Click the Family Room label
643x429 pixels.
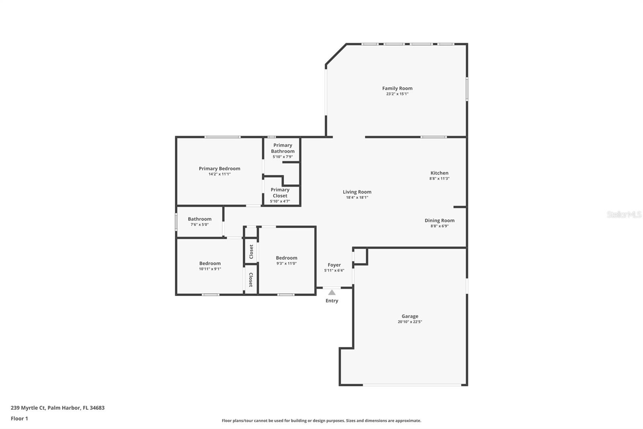click(397, 88)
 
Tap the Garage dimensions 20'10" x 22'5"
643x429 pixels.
click(410, 322)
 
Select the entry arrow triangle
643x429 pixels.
click(332, 293)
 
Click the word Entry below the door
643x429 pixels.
click(332, 301)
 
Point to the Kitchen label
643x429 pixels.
click(439, 173)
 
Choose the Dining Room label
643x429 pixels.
click(439, 221)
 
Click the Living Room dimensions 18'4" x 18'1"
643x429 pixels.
click(357, 198)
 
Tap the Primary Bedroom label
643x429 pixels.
click(219, 169)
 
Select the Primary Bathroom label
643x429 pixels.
click(283, 148)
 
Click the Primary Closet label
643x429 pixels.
click(280, 192)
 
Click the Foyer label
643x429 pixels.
click(334, 265)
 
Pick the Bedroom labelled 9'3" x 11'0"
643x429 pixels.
click(286, 258)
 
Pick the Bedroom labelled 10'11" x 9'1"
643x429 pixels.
click(210, 264)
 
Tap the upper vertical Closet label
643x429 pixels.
click(251, 252)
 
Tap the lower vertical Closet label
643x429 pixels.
click(251, 279)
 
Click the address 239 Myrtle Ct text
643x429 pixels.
click(57, 408)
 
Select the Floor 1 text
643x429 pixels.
click(19, 419)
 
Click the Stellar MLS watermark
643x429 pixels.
click(624, 214)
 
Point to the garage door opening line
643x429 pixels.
click(412, 385)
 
